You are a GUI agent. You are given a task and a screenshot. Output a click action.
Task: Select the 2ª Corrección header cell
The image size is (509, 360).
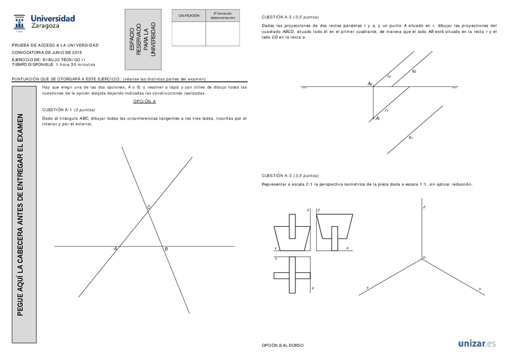[x=223, y=16]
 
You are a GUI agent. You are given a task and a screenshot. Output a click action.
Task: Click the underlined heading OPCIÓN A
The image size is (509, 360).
[x=145, y=102]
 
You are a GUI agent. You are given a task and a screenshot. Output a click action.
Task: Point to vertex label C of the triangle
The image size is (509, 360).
[x=149, y=207]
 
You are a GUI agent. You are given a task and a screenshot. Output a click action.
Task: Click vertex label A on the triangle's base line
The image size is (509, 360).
[x=115, y=248]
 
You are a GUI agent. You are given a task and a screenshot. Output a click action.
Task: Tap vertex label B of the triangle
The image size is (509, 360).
[x=166, y=248]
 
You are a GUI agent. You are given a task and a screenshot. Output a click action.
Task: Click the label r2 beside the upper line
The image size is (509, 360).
[x=389, y=76]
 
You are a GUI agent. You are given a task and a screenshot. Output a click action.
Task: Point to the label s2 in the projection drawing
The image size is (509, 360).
[x=414, y=71]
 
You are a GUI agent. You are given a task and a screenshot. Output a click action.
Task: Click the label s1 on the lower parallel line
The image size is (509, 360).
[x=411, y=137]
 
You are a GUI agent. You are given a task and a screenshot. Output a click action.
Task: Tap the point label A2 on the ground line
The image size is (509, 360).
[x=370, y=84]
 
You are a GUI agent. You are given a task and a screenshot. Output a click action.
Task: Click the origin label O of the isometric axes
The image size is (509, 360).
[x=424, y=257]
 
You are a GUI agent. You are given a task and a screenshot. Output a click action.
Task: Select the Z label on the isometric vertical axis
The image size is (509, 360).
[x=424, y=207]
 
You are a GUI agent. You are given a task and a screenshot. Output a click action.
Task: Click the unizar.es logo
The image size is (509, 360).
[x=477, y=344]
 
